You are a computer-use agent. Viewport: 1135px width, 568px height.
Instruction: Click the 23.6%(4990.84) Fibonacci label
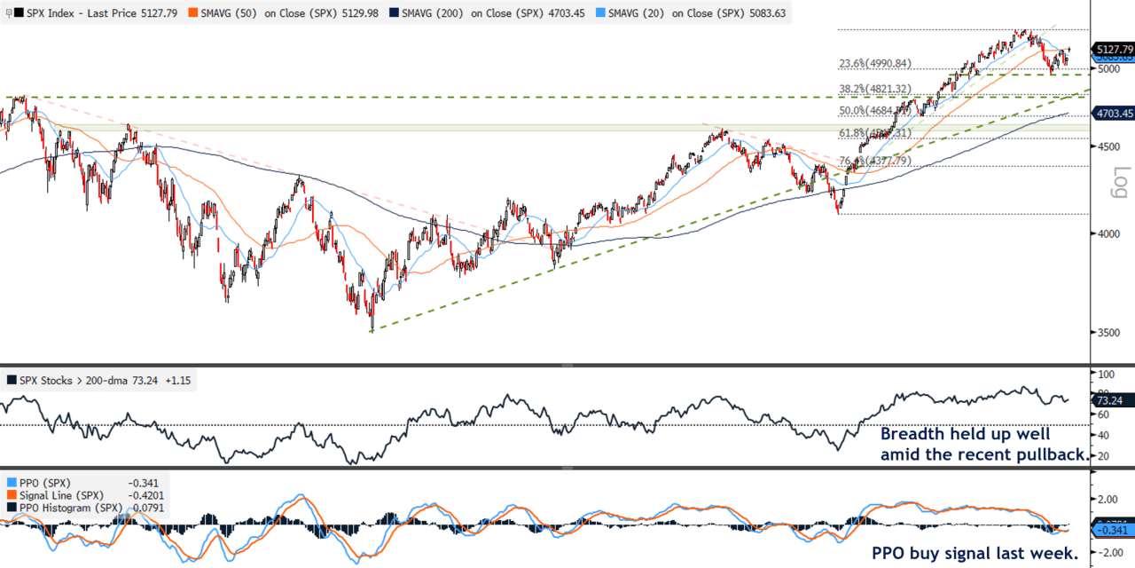pyautogui.click(x=875, y=64)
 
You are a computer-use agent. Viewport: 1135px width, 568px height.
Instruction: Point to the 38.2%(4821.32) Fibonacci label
pyautogui.click(x=875, y=89)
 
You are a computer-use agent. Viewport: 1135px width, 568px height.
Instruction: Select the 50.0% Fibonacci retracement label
pyautogui.click(x=875, y=111)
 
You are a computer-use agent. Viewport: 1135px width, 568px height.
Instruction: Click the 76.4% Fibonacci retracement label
pyautogui.click(x=875, y=161)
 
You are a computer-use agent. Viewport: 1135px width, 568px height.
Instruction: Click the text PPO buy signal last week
pyautogui.click(x=975, y=553)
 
